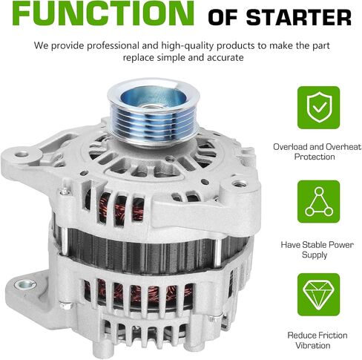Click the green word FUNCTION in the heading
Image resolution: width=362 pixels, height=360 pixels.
pos(103,13)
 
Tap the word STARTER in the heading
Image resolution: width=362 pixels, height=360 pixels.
pos(298,18)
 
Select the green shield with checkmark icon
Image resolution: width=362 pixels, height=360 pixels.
pos(319,108)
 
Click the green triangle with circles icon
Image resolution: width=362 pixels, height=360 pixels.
pos(319,202)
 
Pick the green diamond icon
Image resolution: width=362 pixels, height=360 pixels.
pos(319,295)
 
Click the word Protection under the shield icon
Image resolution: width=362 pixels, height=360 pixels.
pos(315,157)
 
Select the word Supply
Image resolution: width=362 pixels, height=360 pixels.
pos(315,255)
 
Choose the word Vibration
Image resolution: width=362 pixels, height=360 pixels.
pos(313,346)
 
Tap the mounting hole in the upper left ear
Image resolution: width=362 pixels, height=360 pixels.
pos(22,155)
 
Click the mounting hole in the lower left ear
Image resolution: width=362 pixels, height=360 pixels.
pos(25,284)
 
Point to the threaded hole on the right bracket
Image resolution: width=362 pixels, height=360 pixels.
pos(240,184)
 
